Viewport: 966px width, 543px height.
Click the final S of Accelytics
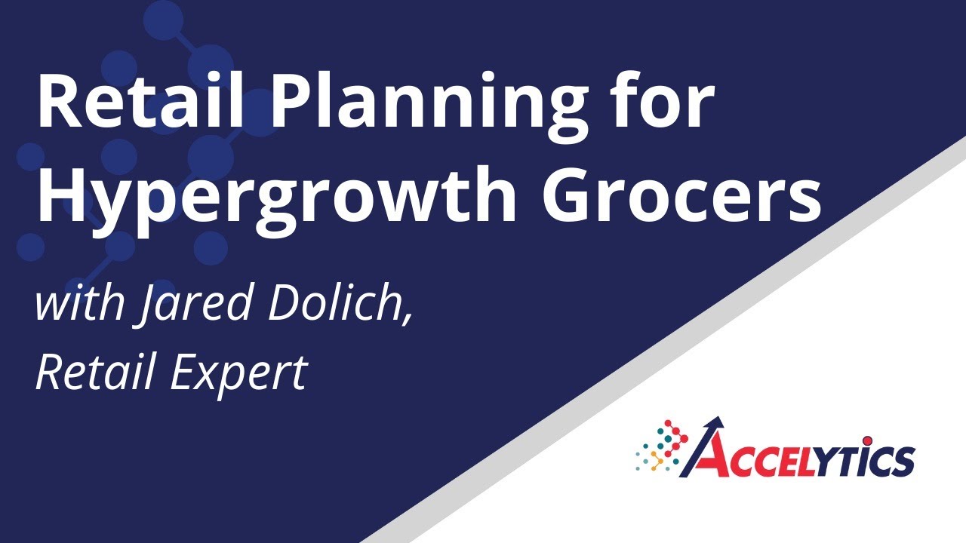pyautogui.click(x=902, y=460)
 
